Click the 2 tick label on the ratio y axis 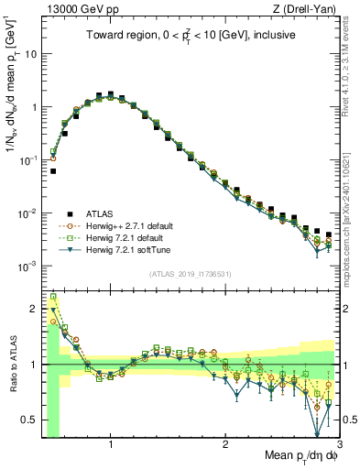click(x=33, y=308)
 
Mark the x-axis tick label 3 click(x=339, y=445)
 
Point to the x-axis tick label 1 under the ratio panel click(x=111, y=445)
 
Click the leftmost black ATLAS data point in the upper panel click(x=53, y=170)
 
